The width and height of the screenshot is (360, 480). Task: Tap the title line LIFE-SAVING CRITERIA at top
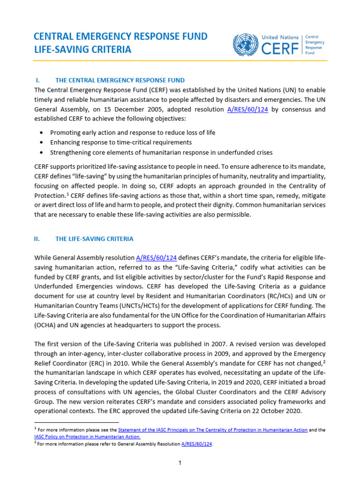point(82,49)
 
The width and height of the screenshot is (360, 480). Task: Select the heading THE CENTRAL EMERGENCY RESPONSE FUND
point(120,80)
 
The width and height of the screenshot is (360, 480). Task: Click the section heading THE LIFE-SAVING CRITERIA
point(94,239)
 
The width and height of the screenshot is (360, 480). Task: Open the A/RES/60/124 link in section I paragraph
point(248,109)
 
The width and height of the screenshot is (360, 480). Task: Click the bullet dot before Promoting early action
point(43,133)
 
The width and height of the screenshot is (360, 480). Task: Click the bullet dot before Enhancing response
point(43,142)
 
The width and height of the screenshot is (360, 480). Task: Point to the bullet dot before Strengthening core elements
point(43,152)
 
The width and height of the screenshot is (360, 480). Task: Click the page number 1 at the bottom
point(180,463)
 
